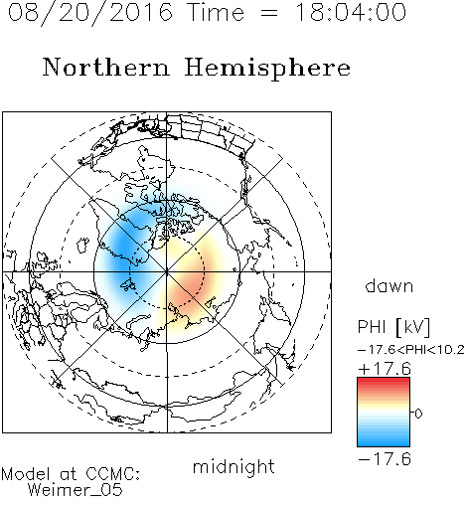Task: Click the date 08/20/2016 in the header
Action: click(x=90, y=13)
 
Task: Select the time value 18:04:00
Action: click(x=351, y=12)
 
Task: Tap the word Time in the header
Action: click(x=216, y=12)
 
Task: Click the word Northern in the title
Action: click(x=106, y=67)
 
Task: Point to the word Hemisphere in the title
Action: click(x=267, y=69)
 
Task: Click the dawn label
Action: click(x=389, y=285)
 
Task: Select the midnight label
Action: click(x=233, y=466)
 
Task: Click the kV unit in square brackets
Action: click(x=413, y=327)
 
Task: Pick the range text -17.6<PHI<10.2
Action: click(x=411, y=350)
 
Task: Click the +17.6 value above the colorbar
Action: click(x=385, y=369)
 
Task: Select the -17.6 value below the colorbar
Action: click(x=385, y=459)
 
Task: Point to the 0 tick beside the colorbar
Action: click(x=418, y=414)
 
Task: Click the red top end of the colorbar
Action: click(x=384, y=380)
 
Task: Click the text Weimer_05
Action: click(x=75, y=490)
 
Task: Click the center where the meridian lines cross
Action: click(x=167, y=271)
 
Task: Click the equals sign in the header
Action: click(x=269, y=13)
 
